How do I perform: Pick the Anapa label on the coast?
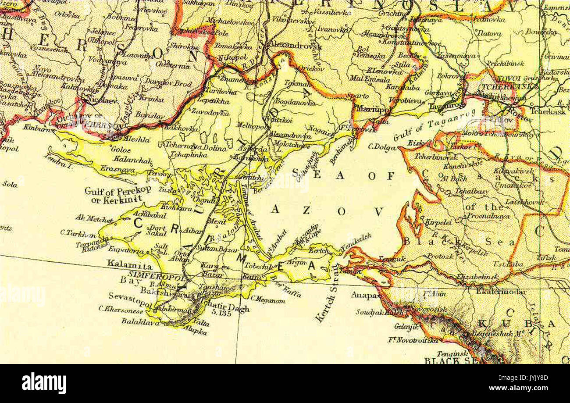pos(364,295)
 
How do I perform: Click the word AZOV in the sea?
pos(327,210)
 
